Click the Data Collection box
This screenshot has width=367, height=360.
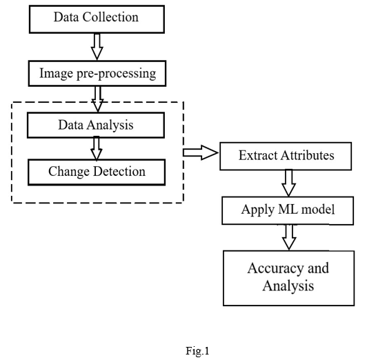[x=97, y=19]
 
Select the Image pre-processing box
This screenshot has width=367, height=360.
[x=97, y=74]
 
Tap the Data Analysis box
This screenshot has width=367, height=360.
[x=96, y=125]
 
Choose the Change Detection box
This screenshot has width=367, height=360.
[x=97, y=172]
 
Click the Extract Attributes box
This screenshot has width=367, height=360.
[x=286, y=156]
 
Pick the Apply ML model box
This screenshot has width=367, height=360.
[x=288, y=210]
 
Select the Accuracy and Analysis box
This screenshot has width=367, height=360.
[x=289, y=278]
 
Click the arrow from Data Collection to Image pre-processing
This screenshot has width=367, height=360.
[x=97, y=46]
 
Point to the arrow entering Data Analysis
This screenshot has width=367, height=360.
[x=97, y=99]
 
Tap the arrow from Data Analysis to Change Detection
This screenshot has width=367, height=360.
[x=97, y=149]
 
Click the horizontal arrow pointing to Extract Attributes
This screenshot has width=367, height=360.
[x=201, y=152]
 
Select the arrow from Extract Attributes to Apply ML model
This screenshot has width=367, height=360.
[x=288, y=183]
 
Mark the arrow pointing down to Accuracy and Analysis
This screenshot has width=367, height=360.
[x=289, y=237]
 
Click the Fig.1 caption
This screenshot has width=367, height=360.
[x=197, y=351]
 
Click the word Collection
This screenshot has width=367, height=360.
[x=110, y=17]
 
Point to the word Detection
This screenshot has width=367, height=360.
[x=119, y=171]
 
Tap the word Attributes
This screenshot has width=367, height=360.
[x=307, y=155]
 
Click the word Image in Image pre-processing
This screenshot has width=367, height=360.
[x=56, y=74]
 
